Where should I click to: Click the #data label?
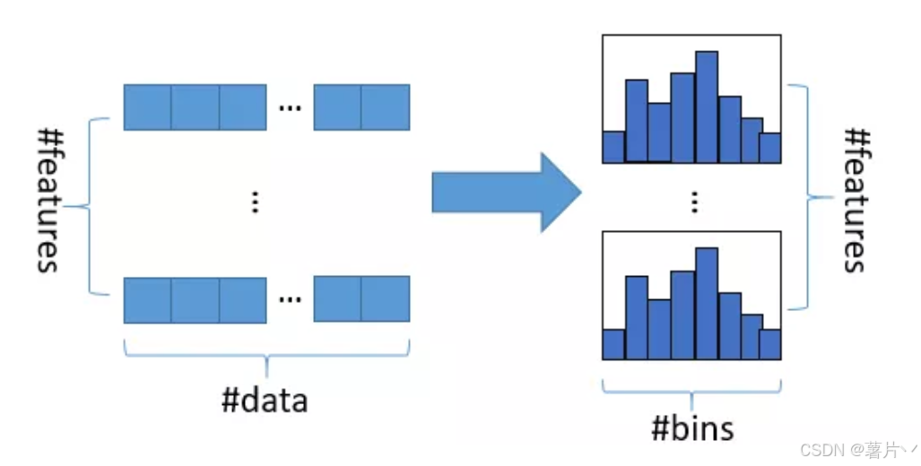point(265,400)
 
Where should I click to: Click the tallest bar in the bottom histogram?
point(707,304)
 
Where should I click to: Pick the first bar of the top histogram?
point(613,147)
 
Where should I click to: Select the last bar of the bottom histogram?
point(770,343)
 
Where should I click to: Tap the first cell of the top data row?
point(147,108)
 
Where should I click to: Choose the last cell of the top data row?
point(386,108)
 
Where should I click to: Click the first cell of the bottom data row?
point(147,299)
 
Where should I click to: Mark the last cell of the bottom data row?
point(386,299)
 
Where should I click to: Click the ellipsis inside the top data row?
point(290,108)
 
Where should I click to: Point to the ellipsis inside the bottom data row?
point(290,299)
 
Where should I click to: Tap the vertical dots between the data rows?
point(256,203)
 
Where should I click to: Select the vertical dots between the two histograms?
point(693,203)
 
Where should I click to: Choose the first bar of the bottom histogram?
point(613,344)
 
